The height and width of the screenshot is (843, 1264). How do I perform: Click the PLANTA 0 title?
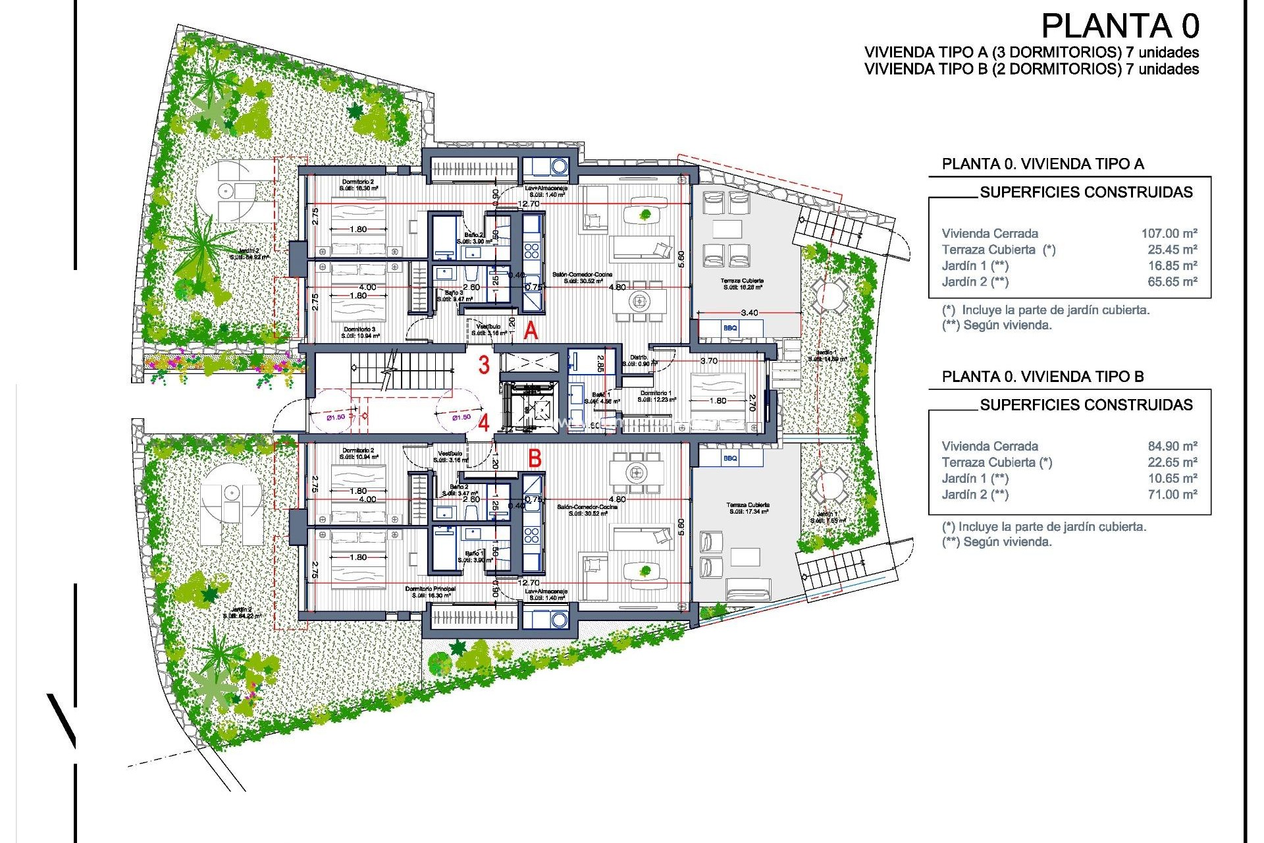1120,27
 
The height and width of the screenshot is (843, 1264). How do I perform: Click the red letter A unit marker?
531,331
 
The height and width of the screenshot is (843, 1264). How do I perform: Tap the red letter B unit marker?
535,458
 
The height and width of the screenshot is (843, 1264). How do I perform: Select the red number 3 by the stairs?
484,365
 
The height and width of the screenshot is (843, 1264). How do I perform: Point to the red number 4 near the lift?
484,422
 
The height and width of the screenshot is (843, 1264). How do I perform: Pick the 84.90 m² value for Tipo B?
1172,446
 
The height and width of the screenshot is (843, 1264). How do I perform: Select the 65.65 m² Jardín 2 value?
1172,282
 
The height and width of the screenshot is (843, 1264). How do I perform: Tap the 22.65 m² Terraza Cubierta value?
1172,462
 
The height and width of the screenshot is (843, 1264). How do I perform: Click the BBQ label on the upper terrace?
730,328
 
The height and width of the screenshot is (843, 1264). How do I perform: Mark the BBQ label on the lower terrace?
730,458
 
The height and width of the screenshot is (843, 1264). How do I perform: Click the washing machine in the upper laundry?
559,167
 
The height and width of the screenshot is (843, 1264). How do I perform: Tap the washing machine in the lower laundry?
559,619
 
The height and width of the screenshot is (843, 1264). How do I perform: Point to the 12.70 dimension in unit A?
529,204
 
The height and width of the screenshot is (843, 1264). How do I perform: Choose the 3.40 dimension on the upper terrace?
749,313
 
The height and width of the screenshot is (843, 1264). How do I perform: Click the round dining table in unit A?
639,302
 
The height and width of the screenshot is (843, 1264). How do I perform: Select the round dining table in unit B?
635,472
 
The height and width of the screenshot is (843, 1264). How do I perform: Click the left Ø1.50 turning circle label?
336,417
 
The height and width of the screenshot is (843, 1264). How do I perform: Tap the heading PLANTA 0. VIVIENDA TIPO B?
1043,377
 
